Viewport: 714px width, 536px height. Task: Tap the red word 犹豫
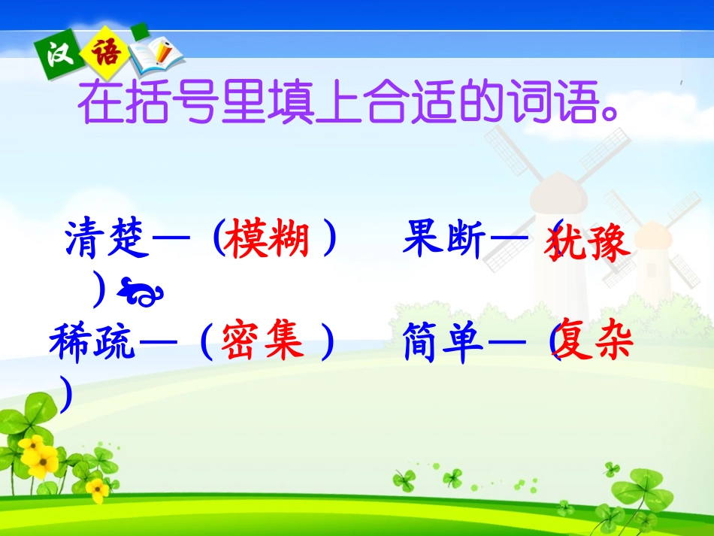pyautogui.click(x=590, y=241)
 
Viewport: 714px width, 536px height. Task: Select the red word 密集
pyautogui.click(x=262, y=342)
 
